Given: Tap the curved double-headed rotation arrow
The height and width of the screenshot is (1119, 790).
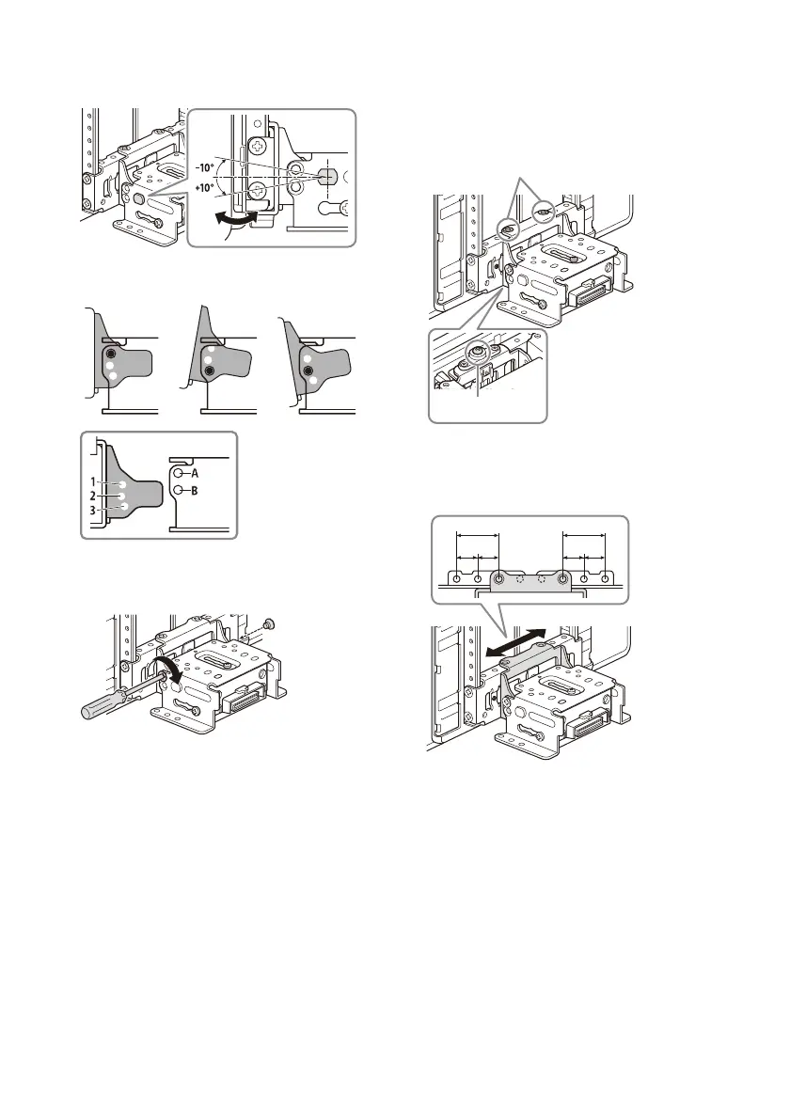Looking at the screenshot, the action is tap(235, 217).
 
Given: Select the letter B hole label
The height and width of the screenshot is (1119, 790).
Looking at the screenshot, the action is tap(196, 491).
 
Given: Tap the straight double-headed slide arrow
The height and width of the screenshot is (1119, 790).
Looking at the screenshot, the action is tap(516, 648).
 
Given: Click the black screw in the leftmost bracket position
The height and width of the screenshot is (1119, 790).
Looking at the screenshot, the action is tap(112, 355).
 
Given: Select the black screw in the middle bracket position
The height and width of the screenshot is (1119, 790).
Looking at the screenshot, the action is tap(210, 372).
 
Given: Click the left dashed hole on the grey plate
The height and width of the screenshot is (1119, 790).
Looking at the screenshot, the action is tap(519, 579).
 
